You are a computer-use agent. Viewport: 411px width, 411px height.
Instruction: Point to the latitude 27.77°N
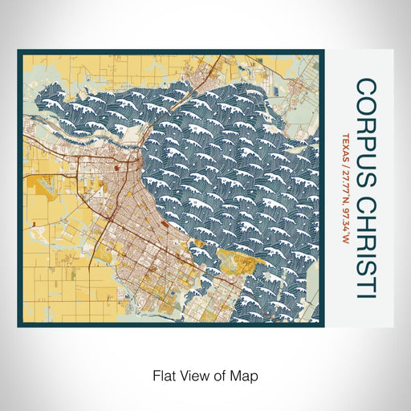point(345,178)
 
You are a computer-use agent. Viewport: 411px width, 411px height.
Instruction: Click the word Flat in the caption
point(163,375)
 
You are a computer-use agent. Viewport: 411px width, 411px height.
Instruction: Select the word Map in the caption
point(246,375)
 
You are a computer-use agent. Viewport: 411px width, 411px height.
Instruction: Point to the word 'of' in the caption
point(219,375)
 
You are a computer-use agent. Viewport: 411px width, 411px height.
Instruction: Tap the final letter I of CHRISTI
point(365,295)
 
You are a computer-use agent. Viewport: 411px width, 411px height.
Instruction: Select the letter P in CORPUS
point(365,131)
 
